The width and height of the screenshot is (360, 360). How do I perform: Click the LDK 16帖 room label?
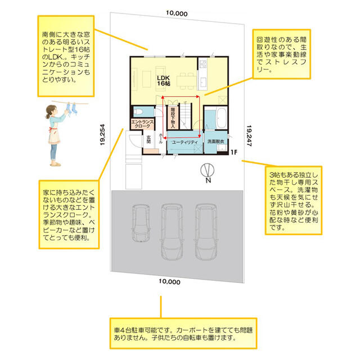click(x=164, y=80)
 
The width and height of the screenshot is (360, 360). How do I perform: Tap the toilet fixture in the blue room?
click(x=138, y=112)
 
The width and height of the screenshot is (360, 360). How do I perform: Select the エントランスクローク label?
click(x=142, y=124)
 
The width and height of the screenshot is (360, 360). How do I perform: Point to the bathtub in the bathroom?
click(x=221, y=118)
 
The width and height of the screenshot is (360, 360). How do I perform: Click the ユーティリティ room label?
click(x=185, y=142)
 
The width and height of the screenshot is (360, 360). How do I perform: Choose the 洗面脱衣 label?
click(x=215, y=141)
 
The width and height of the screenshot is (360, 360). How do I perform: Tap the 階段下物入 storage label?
click(x=173, y=118)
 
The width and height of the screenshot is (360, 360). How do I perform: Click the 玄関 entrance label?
click(x=148, y=139)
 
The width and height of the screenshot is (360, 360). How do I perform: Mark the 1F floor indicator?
click(x=234, y=152)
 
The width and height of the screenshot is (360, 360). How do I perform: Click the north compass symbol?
click(x=208, y=173)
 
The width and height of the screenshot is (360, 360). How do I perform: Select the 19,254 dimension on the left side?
click(x=102, y=135)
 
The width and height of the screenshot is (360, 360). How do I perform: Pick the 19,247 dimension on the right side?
click(x=249, y=136)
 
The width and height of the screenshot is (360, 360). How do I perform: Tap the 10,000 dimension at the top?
click(x=177, y=13)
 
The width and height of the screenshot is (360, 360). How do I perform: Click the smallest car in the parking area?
click(x=141, y=223)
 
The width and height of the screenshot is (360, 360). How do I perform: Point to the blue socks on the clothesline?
click(x=71, y=108)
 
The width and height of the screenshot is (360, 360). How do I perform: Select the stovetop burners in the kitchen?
click(x=203, y=64)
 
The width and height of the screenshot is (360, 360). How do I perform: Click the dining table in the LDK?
click(x=186, y=81)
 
